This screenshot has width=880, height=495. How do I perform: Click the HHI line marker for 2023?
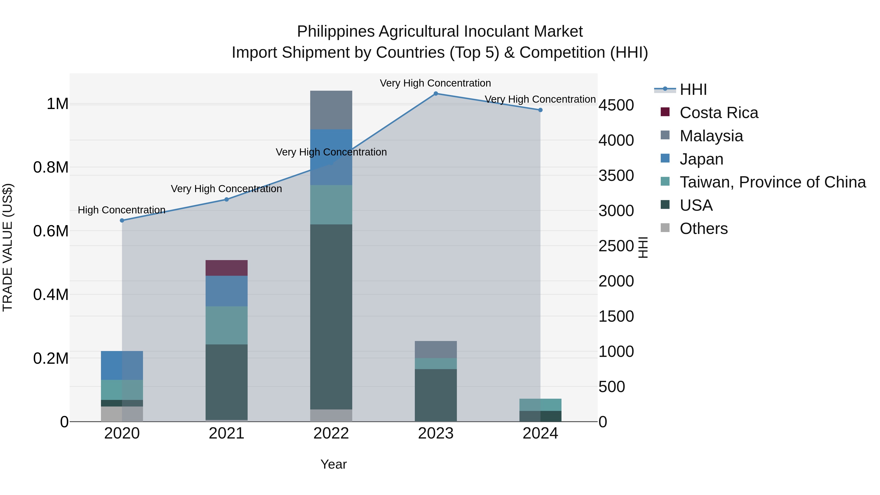tap(436, 94)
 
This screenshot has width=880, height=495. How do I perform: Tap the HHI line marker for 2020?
tap(122, 220)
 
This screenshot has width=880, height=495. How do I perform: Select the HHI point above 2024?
tap(540, 110)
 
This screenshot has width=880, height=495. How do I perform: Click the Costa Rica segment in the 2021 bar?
tap(227, 268)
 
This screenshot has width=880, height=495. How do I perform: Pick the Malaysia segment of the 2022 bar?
tap(331, 110)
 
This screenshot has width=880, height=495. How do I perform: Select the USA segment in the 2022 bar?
tap(331, 317)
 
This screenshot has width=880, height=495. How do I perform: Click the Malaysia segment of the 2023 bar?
tap(436, 350)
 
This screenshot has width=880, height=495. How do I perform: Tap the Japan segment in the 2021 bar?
tap(227, 291)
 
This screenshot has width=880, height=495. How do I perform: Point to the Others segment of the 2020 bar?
tap(122, 414)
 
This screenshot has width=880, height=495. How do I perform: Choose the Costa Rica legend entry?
tap(718, 113)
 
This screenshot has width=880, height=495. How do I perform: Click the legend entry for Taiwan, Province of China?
tap(772, 182)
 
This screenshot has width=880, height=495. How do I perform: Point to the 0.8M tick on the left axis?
tap(51, 167)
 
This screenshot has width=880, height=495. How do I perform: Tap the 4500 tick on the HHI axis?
tap(616, 105)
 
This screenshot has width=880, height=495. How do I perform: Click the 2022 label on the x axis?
tap(331, 433)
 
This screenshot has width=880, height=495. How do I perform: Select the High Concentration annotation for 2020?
tap(122, 210)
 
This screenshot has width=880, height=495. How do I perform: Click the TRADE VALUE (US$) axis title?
tap(8, 247)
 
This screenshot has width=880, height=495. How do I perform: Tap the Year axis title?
tap(333, 464)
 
